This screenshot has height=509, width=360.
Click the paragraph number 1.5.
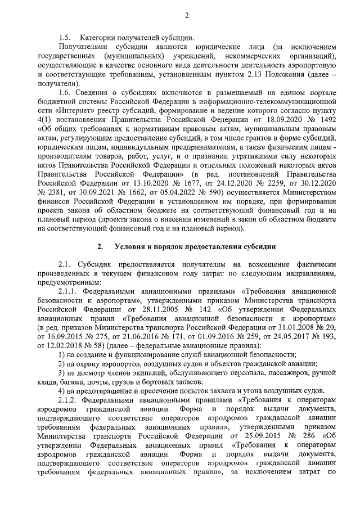click(65, 37)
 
